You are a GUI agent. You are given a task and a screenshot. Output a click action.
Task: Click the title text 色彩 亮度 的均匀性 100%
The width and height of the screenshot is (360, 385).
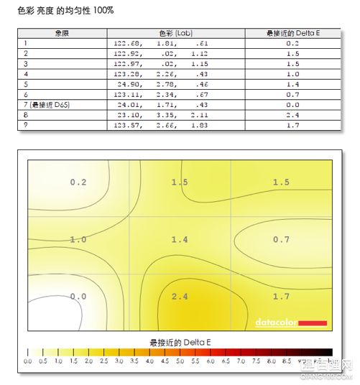tap(65, 12)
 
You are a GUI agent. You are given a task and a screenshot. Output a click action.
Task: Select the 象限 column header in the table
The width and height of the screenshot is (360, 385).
tap(62, 34)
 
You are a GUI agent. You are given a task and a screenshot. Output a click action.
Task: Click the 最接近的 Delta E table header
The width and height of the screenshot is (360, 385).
tap(292, 34)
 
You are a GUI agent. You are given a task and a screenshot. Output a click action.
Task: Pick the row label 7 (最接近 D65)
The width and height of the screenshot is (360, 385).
tap(47, 105)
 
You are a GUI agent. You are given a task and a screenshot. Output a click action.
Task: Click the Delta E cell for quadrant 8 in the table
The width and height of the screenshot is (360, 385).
tap(292, 115)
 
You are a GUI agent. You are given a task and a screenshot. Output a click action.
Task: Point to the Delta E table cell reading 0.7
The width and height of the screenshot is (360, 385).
tap(292, 95)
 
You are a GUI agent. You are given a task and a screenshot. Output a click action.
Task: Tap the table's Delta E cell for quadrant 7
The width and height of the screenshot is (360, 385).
tap(292, 105)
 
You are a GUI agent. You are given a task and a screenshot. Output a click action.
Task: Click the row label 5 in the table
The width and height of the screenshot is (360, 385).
tap(26, 85)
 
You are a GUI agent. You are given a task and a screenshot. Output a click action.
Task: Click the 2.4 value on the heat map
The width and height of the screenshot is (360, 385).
tap(180, 295)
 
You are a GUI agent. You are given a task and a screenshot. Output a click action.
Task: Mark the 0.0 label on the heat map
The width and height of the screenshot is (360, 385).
tap(78, 295)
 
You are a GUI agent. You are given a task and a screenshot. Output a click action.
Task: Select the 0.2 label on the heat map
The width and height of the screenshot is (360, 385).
tap(78, 182)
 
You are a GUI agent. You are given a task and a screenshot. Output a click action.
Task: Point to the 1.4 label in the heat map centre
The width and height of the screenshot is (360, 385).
tap(180, 239)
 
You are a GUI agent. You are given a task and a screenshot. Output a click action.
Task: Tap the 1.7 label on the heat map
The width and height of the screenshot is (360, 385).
tap(281, 295)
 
